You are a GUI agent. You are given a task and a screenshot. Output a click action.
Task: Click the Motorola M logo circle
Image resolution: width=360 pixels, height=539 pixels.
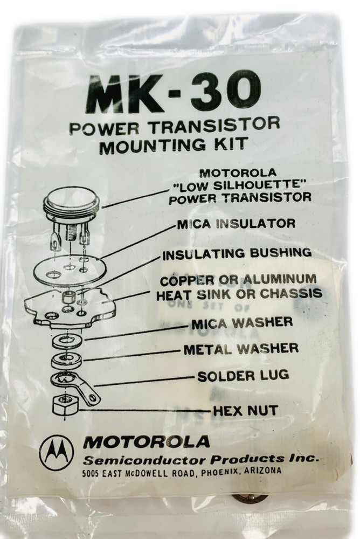pyautogui.click(x=56, y=451)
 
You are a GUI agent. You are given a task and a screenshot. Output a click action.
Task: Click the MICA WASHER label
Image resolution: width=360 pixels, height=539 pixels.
pyautogui.click(x=241, y=322)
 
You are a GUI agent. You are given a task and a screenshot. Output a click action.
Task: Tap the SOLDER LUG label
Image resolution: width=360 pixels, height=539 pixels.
pyautogui.click(x=243, y=376)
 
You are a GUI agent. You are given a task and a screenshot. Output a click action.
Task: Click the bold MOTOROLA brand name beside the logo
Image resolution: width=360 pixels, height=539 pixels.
pyautogui.click(x=146, y=442)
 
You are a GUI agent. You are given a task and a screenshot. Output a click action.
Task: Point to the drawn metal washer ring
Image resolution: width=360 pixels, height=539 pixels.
pyautogui.click(x=66, y=360)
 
